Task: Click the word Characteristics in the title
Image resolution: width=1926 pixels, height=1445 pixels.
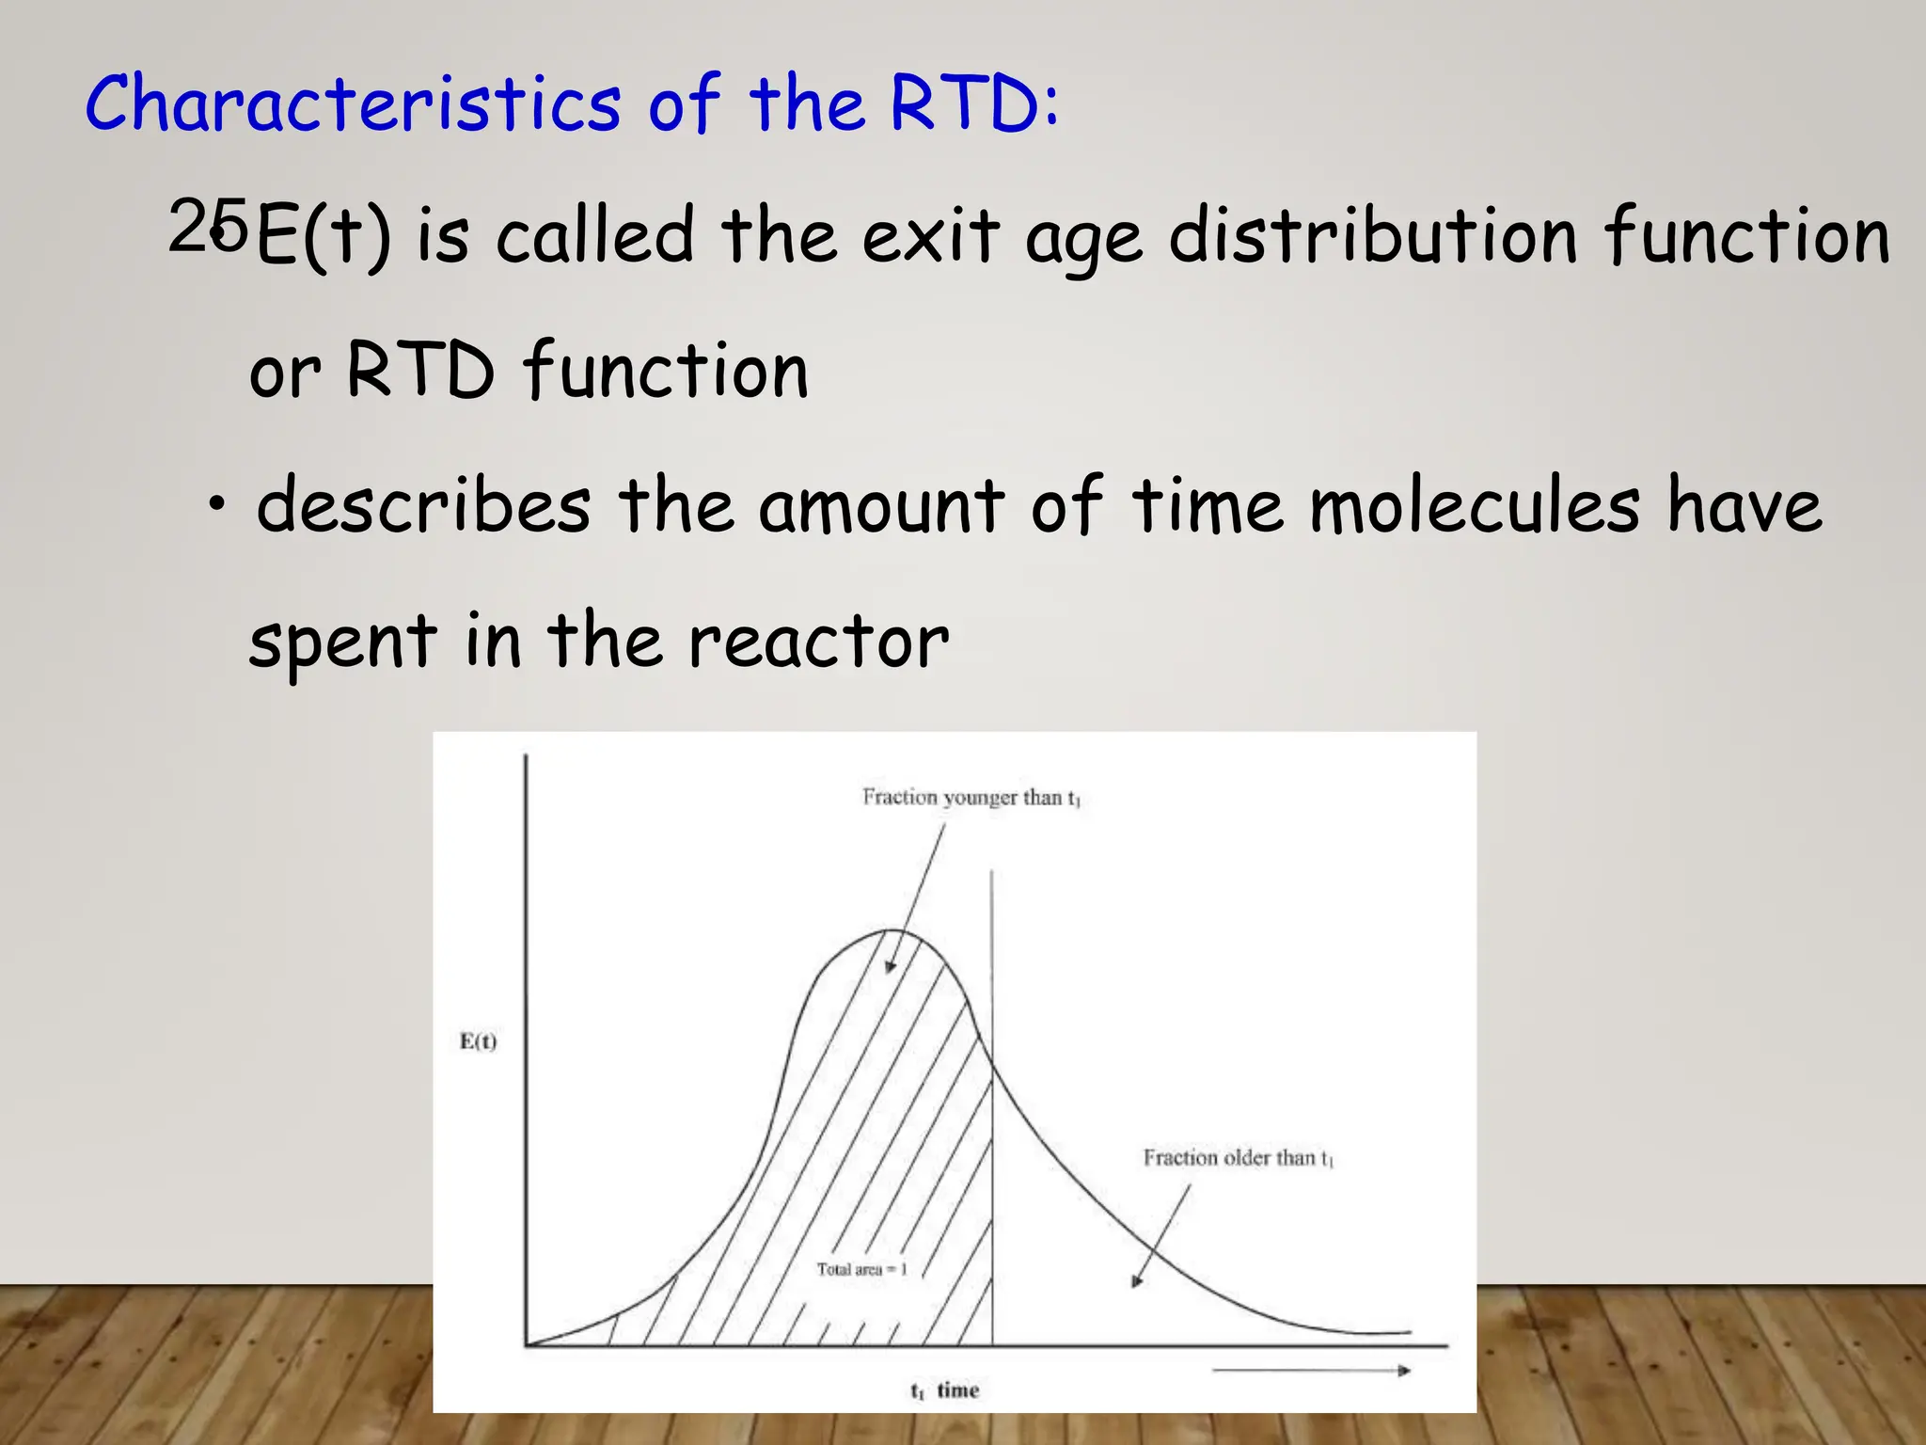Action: coord(353,103)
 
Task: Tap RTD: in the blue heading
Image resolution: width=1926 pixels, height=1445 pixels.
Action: coord(973,103)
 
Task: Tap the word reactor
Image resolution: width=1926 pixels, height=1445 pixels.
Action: coord(818,642)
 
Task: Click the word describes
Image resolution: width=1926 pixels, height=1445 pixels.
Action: coord(423,506)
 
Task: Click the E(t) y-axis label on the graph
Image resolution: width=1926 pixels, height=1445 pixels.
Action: coord(478,1041)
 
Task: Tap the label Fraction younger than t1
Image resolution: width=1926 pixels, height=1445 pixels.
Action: coord(971,798)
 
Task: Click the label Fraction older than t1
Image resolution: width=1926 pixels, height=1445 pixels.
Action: coord(1238,1158)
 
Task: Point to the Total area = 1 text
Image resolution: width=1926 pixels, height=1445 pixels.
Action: coord(861,1270)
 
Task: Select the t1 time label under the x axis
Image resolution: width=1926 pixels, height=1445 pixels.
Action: coord(944,1390)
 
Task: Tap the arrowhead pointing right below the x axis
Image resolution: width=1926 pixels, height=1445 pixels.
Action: coord(1404,1371)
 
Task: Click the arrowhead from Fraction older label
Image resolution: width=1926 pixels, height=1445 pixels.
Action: coord(1137,1281)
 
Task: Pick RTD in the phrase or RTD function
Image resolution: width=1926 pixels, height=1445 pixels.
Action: coord(419,371)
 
